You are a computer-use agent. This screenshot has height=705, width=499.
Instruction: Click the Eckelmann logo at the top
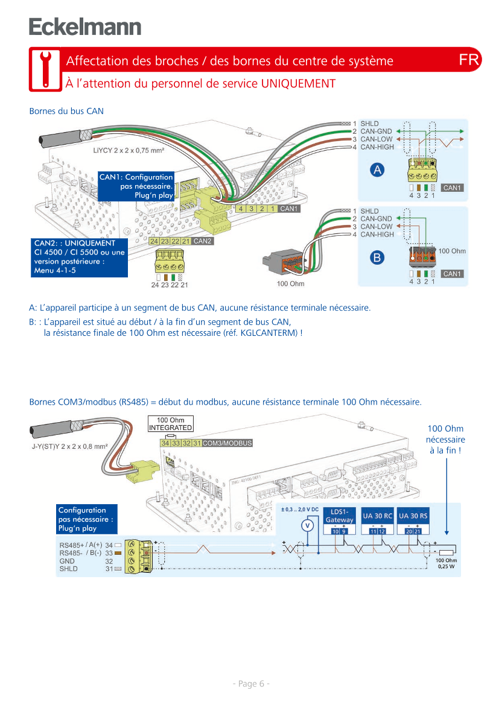pyautogui.click(x=85, y=27)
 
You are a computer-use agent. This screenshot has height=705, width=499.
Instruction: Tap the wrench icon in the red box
pyautogui.click(x=45, y=69)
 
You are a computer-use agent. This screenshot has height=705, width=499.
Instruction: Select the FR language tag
pyautogui.click(x=468, y=60)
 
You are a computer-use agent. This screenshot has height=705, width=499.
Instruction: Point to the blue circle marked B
pyautogui.click(x=377, y=258)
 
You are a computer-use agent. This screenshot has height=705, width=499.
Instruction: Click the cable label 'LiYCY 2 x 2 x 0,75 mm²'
pyautogui.click(x=129, y=150)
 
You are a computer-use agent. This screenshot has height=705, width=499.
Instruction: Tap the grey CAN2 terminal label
pyautogui.click(x=203, y=241)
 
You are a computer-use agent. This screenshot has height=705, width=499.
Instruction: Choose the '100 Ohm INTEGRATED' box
pyautogui.click(x=171, y=423)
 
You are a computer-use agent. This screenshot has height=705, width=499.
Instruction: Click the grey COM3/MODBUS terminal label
pyautogui.click(x=227, y=443)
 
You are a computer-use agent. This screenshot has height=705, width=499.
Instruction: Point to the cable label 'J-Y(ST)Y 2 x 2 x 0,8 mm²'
pyautogui.click(x=69, y=447)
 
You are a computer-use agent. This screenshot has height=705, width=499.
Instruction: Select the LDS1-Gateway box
pyautogui.click(x=339, y=516)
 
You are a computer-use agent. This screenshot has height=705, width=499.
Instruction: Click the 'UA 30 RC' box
pyautogui.click(x=377, y=516)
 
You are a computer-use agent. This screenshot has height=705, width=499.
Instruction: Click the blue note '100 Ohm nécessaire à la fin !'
pyautogui.click(x=445, y=440)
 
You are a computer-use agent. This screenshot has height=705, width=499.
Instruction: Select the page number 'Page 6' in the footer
pyautogui.click(x=250, y=683)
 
